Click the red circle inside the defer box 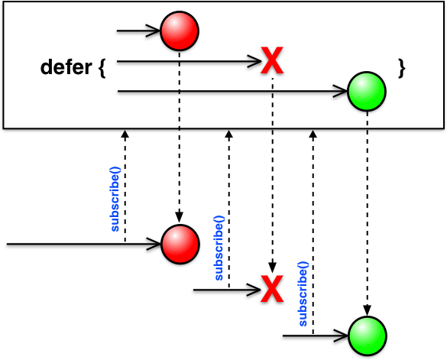point(180,31)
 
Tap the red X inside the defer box point(272,60)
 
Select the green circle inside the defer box point(367,91)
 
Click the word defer point(66,67)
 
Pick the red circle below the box point(180,244)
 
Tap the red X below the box point(272,289)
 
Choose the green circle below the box point(368,336)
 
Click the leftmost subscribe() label point(115,199)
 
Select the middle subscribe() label point(219,248)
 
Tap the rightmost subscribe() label point(303,294)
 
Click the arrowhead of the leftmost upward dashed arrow point(125,134)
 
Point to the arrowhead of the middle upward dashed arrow point(229,134)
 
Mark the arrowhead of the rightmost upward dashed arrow point(313,134)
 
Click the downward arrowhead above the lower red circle point(179,218)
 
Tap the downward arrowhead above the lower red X point(272,268)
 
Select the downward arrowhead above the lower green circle point(368,310)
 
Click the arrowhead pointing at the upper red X point(254,61)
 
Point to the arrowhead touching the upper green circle point(340,91)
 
